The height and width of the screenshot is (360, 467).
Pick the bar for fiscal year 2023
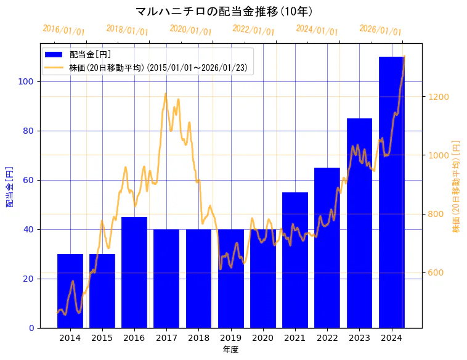pyautogui.click(x=359, y=223)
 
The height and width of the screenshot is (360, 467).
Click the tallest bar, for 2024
pyautogui.click(x=391, y=192)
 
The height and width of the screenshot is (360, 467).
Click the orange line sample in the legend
pyautogui.click(x=55, y=68)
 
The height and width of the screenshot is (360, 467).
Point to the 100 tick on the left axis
pyautogui.click(x=28, y=81)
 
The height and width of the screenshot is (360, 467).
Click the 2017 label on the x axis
pyautogui.click(x=166, y=338)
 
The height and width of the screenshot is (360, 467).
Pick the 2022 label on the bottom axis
pyautogui.click(x=327, y=338)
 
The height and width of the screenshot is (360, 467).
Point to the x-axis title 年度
pyautogui.click(x=230, y=350)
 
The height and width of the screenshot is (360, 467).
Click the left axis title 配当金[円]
pyautogui.click(x=9, y=186)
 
